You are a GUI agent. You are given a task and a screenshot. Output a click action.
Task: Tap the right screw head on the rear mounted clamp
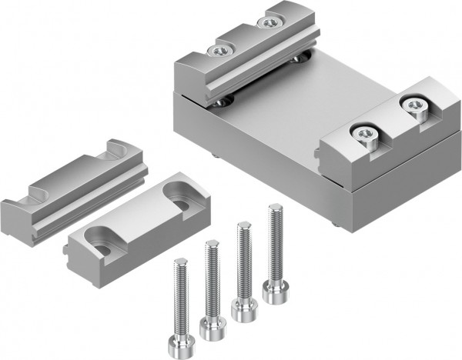pos(269,23)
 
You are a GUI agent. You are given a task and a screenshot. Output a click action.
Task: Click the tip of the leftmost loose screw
pos(178,262)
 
